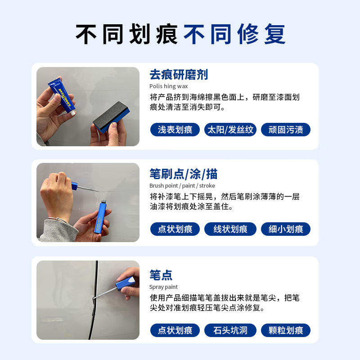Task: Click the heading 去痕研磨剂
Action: pos(179,75)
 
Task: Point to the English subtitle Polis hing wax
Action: pos(169,86)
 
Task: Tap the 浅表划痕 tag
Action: pos(175,130)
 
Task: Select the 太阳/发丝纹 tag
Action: pos(230,130)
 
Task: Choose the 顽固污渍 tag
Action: pos(286,130)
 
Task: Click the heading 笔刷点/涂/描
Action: pos(184,174)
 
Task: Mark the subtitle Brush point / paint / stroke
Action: pos(182,185)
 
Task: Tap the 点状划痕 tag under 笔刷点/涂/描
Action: pos(175,229)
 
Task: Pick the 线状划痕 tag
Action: pos(230,229)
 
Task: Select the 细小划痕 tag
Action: pos(286,229)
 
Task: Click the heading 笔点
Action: pos(161,275)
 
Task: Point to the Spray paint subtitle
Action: pos(163,287)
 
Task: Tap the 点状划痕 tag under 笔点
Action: pos(175,330)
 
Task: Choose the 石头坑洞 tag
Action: pos(230,330)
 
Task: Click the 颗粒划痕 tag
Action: pos(286,330)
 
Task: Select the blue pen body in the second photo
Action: pos(102,217)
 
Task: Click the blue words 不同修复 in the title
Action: pos(234,34)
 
